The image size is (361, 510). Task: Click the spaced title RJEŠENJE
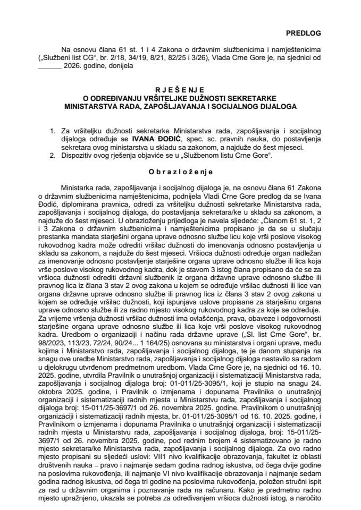[180, 89]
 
